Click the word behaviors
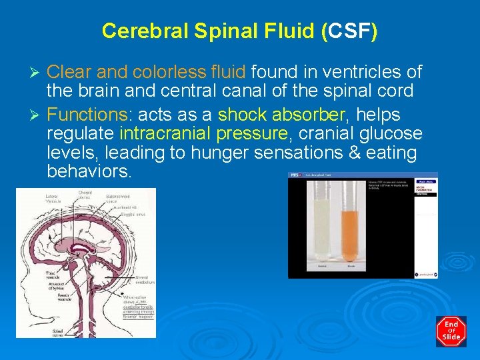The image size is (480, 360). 90,171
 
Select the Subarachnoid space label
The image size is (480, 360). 117,199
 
